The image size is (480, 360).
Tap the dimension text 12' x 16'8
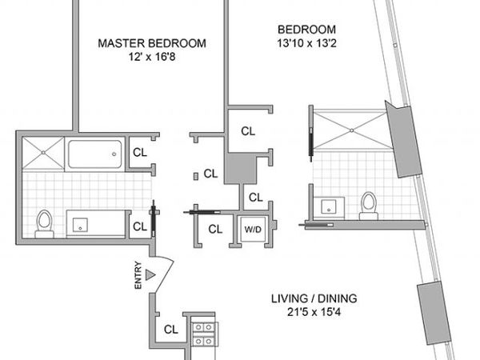point(151,58)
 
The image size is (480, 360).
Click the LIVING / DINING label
point(314,300)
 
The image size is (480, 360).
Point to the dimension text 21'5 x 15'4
point(314,314)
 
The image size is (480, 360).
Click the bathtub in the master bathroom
point(95,152)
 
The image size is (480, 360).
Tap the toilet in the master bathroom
point(46,222)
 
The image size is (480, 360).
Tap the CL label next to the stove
point(170,329)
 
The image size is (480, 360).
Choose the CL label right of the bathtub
point(139,151)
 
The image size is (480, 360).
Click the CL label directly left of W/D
point(214,229)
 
